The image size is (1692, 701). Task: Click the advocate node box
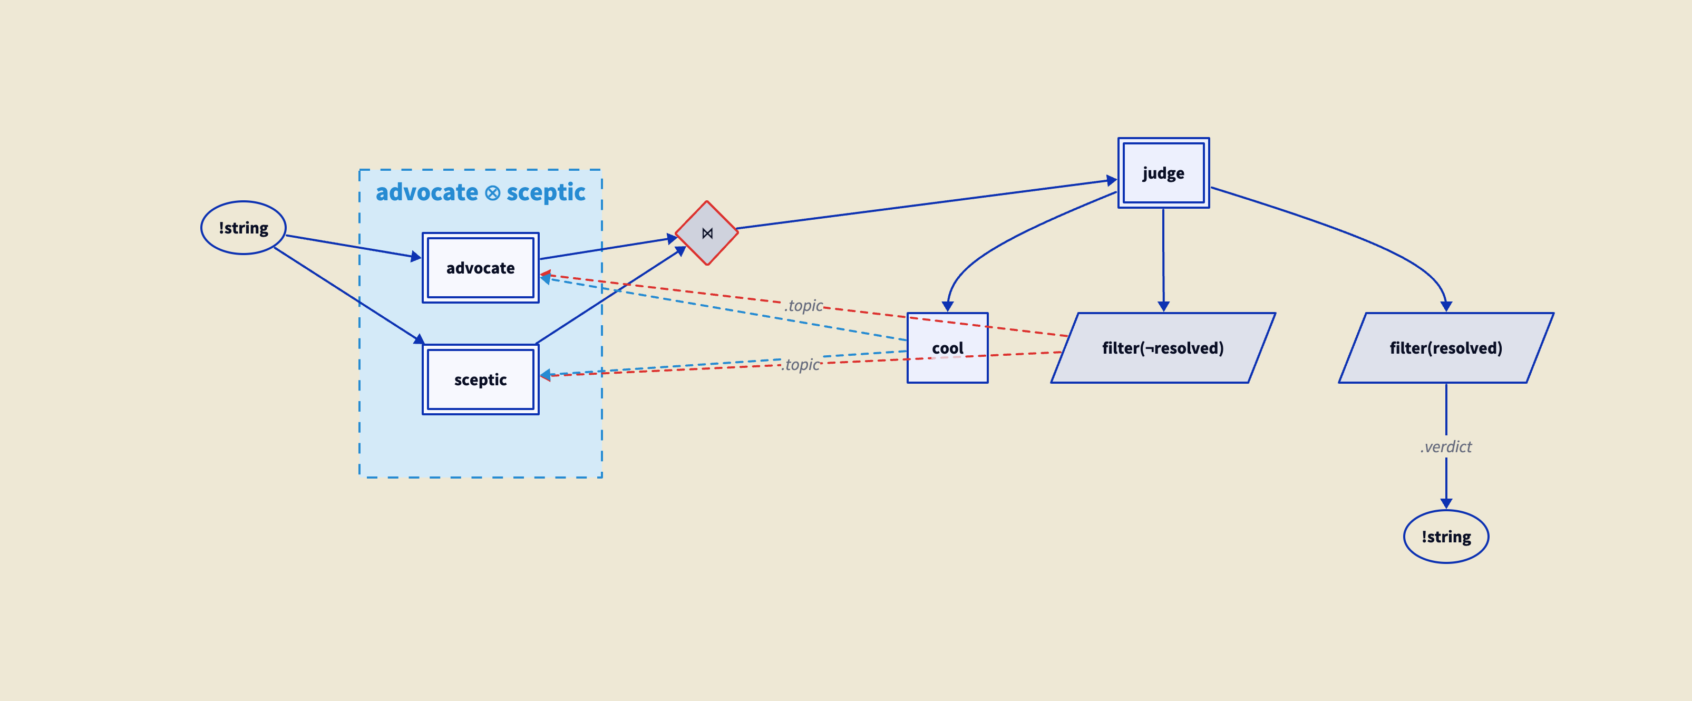pos(480,268)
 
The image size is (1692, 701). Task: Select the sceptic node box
pos(480,379)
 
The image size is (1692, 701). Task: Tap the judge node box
pos(1163,173)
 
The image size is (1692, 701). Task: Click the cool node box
pos(947,348)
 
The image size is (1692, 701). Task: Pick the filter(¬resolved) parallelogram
pos(1163,348)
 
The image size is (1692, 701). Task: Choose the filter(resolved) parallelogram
pos(1446,348)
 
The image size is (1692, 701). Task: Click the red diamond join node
pos(707,233)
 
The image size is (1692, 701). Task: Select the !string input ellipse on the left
pos(243,228)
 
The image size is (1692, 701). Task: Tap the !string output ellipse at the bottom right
pos(1446,537)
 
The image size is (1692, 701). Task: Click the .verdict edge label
pos(1446,447)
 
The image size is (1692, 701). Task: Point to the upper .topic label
pos(803,306)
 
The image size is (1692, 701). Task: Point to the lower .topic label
pos(801,365)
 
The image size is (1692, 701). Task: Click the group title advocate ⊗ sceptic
pos(480,192)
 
